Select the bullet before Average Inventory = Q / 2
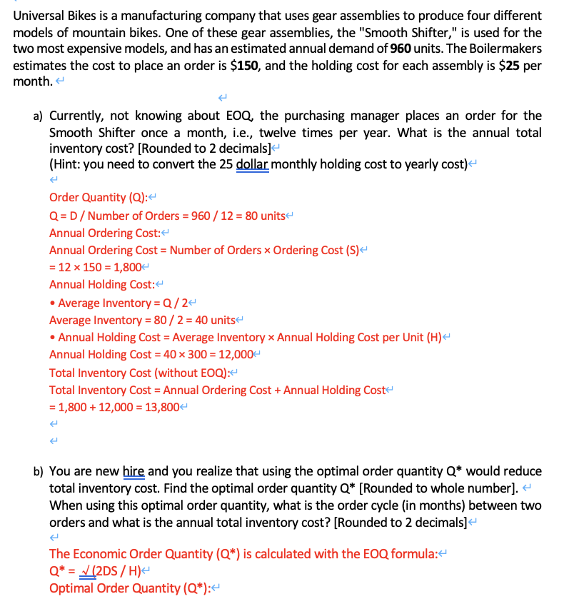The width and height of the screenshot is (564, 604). tap(53, 303)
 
